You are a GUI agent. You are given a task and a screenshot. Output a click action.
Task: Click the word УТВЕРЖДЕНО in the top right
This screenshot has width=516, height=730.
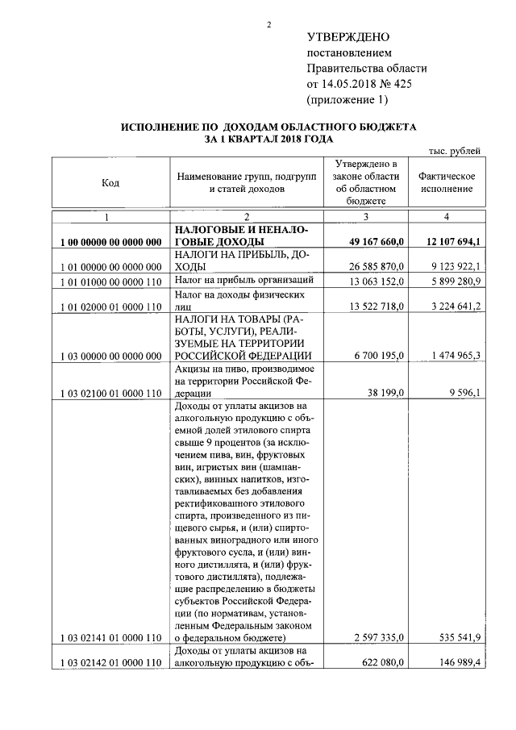(x=348, y=38)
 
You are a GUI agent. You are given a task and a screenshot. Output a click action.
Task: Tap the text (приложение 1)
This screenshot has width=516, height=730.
(x=347, y=100)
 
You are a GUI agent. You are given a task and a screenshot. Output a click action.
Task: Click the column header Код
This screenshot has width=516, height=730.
(x=110, y=183)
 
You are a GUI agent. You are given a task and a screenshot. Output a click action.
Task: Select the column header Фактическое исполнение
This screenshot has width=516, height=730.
(x=446, y=182)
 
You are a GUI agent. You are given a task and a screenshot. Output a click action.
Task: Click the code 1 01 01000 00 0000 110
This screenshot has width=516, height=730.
(x=111, y=281)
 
